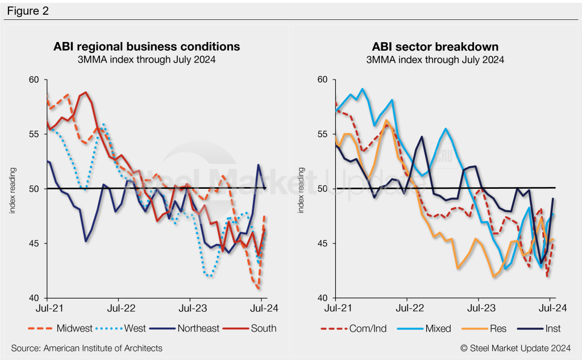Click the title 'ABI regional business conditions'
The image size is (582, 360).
[x=147, y=46]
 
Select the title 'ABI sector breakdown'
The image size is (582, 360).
[x=435, y=46]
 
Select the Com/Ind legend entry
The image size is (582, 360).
[x=358, y=328]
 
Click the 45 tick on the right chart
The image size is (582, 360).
[x=323, y=243]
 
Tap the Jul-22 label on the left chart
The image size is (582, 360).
[x=118, y=311]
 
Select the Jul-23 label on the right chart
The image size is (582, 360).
[x=478, y=311]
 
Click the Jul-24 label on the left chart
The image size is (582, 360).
[x=261, y=311]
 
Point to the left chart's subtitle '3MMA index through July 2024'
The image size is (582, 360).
[x=147, y=59]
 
